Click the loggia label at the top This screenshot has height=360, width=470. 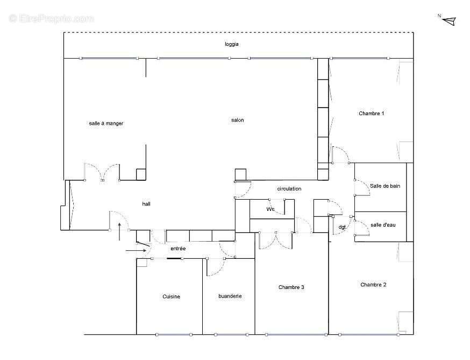[x=232, y=44]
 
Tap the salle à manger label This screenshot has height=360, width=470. [x=106, y=124]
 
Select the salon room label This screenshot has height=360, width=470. [x=237, y=120]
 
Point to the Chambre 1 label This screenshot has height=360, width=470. [x=371, y=114]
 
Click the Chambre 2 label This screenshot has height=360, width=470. [x=373, y=285]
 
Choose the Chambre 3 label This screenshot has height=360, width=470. [x=291, y=287]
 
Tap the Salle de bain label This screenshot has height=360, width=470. [x=384, y=186]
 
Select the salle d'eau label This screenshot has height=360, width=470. [x=383, y=225]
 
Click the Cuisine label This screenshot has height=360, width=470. [x=171, y=297]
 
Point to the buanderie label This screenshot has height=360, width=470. [x=230, y=296]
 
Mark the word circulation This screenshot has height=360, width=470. [x=289, y=189]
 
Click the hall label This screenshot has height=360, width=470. [x=146, y=204]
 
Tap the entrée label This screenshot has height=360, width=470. [x=178, y=249]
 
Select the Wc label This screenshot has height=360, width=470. [x=270, y=209]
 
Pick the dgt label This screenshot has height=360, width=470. [x=343, y=227]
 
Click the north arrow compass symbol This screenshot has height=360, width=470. [x=449, y=20]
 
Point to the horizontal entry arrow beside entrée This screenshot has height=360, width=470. [x=135, y=250]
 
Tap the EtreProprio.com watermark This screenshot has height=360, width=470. [x=52, y=18]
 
